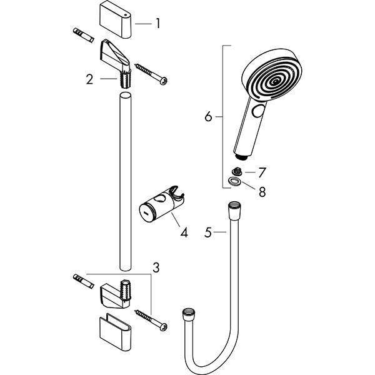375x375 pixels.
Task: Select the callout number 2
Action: (91, 79)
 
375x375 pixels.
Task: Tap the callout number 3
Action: (156, 267)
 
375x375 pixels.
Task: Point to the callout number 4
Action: (184, 233)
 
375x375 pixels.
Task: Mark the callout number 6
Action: (209, 116)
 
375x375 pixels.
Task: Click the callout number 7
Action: (262, 171)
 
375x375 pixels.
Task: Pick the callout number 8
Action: (262, 192)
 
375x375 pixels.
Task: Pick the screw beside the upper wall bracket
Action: (149, 72)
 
